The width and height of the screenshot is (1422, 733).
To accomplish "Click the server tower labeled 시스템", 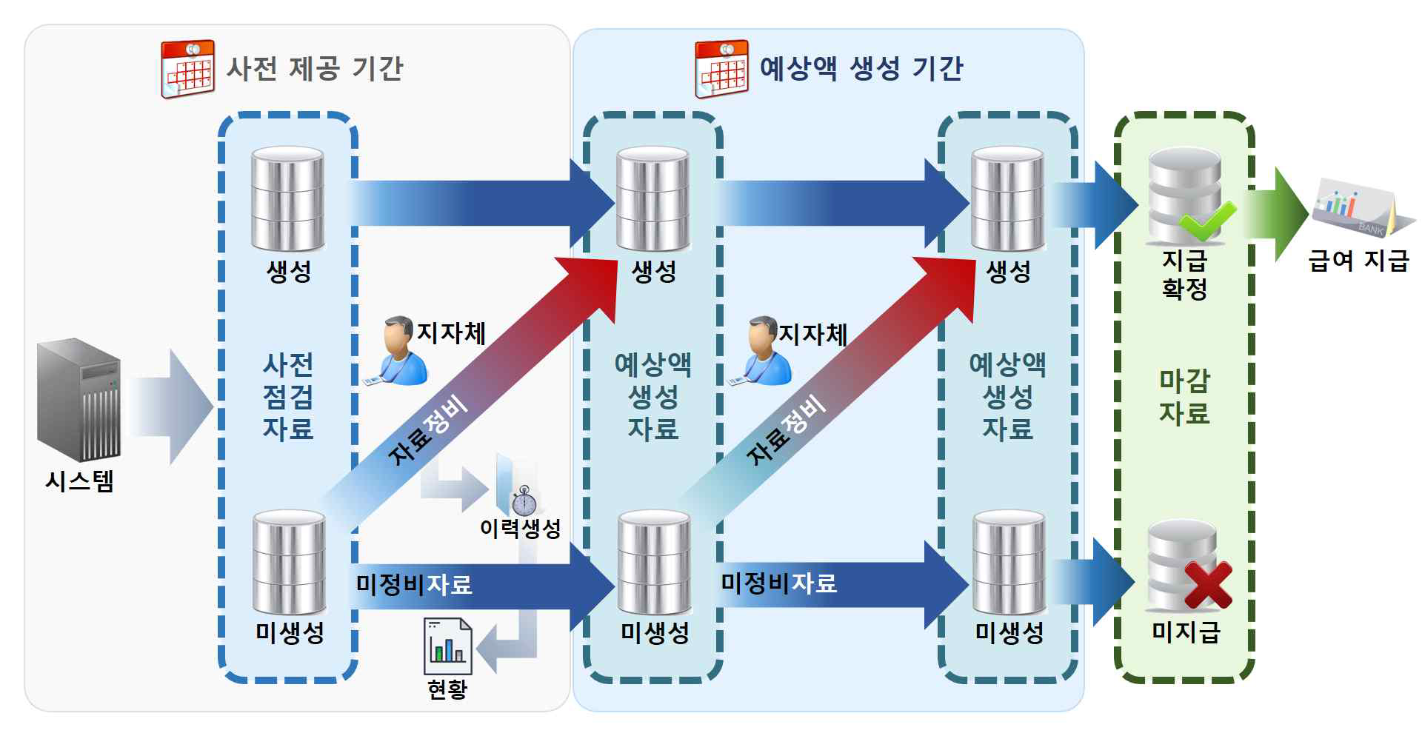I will click(79, 399).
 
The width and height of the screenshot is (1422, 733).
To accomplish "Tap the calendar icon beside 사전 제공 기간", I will click(187, 69).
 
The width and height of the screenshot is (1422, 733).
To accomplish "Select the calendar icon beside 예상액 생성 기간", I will click(721, 69).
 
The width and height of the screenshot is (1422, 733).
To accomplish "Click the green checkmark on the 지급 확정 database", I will click(1207, 219).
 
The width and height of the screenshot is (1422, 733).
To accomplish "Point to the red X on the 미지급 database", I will click(1207, 585).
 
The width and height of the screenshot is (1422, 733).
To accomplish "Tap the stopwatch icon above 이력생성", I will click(524, 501).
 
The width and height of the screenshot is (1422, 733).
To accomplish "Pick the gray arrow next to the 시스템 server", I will click(172, 406).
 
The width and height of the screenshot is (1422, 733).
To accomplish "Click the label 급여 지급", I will click(1358, 261).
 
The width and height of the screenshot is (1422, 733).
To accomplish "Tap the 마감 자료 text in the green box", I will click(1184, 397).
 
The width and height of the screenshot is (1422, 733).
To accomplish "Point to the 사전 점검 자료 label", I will click(288, 397).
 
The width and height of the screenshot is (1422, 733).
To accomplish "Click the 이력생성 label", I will click(520, 529).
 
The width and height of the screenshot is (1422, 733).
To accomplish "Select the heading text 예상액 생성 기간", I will click(861, 69).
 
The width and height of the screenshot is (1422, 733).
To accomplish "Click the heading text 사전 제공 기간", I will click(314, 69).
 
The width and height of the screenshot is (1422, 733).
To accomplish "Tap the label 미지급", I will click(1185, 632).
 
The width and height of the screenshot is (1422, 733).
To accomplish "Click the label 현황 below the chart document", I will click(447, 689).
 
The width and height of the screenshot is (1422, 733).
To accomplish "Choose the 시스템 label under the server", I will click(79, 482).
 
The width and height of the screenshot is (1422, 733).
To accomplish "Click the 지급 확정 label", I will click(1184, 275).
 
